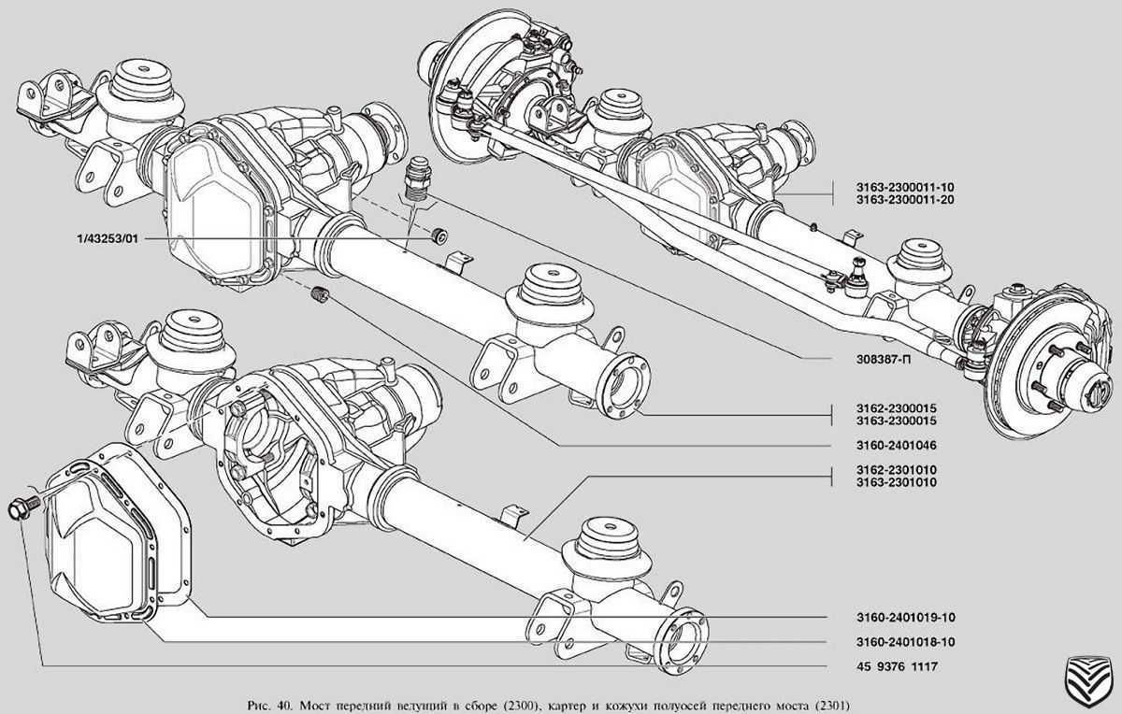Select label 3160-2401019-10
point(896,618)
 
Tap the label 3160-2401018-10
point(896,642)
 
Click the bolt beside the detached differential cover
point(20,509)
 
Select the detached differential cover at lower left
point(112,542)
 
